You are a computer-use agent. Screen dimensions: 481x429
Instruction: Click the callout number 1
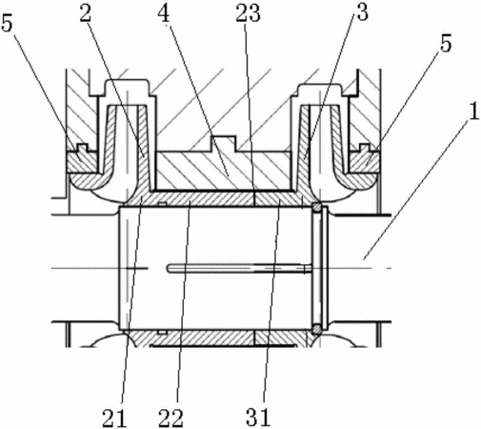pyautogui.click(x=473, y=112)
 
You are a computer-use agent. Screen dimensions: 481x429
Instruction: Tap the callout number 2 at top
pyautogui.click(x=86, y=12)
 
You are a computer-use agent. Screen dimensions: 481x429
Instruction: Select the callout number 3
pyautogui.click(x=362, y=12)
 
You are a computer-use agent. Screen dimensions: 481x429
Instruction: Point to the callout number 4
pyautogui.click(x=164, y=12)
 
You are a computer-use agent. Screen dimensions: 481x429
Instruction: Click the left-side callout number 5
pyautogui.click(x=8, y=22)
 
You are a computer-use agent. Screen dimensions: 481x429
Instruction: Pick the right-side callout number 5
pyautogui.click(x=446, y=43)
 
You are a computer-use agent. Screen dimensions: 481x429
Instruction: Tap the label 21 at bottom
pyautogui.click(x=114, y=418)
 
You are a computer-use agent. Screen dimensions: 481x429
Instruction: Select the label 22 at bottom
pyautogui.click(x=171, y=418)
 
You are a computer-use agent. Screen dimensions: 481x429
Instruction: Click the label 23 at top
pyautogui.click(x=248, y=12)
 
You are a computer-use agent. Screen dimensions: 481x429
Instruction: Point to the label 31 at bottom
pyautogui.click(x=258, y=417)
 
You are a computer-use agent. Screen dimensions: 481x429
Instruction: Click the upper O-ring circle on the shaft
pyautogui.click(x=316, y=208)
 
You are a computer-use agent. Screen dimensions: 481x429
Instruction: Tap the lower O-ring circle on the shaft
pyautogui.click(x=316, y=329)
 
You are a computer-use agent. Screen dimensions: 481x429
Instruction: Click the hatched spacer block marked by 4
pyautogui.click(x=224, y=171)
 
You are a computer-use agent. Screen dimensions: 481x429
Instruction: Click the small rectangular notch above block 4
pyautogui.click(x=223, y=143)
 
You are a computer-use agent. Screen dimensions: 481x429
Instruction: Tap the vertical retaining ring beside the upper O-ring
pyautogui.click(x=325, y=268)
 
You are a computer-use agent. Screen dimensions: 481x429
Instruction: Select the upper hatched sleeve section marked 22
pyautogui.click(x=203, y=199)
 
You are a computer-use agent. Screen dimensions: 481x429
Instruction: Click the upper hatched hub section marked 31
pyautogui.click(x=279, y=199)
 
